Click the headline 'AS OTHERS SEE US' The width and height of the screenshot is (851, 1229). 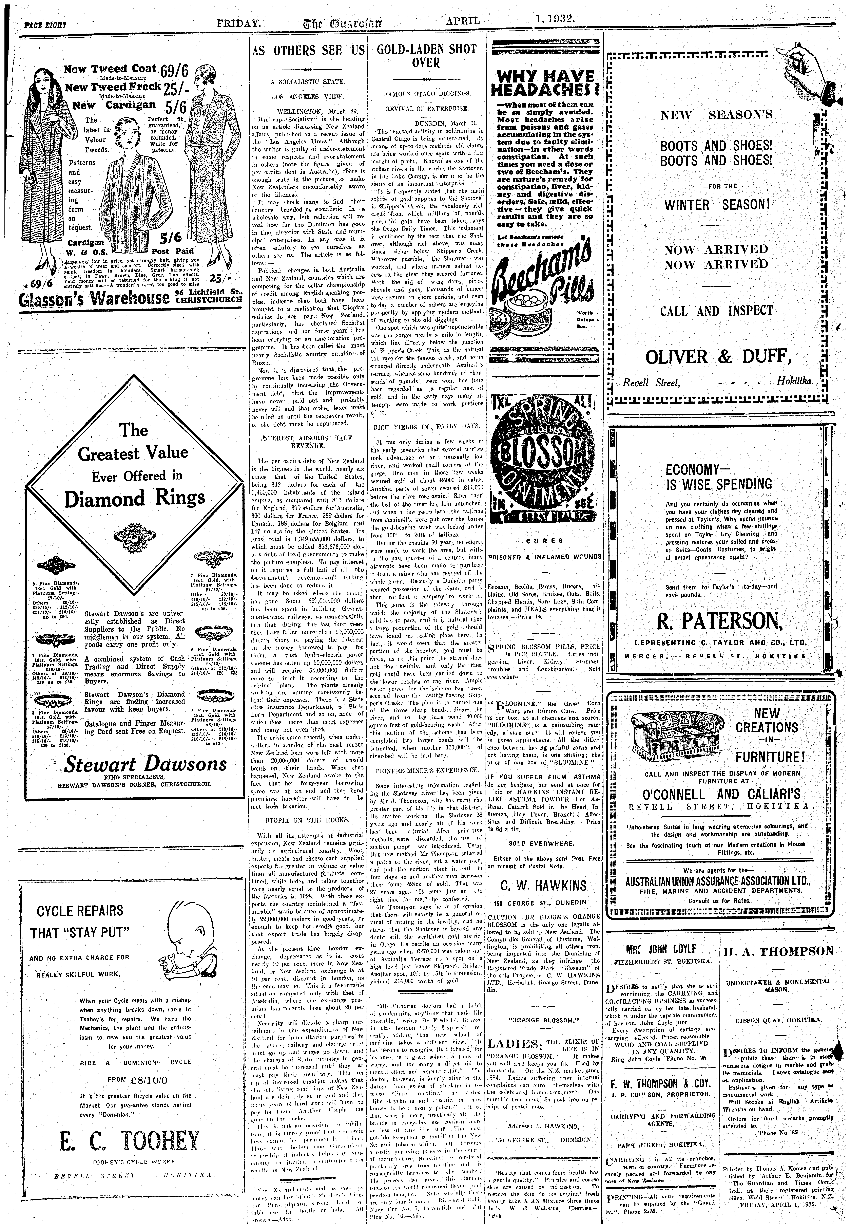click(308, 51)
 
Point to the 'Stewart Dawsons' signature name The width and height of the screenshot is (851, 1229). click(145, 764)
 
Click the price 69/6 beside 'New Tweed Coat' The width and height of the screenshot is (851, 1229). click(174, 70)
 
